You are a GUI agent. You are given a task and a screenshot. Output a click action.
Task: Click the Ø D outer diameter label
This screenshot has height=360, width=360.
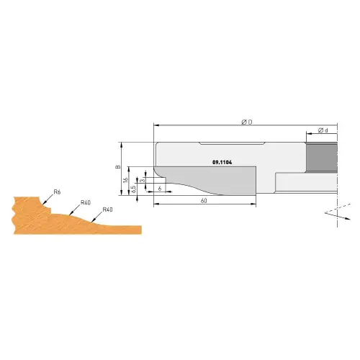pos(245,122)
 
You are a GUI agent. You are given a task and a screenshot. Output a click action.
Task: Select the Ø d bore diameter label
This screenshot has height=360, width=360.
pos(324,130)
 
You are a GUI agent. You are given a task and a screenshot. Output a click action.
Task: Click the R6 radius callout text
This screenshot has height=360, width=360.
pos(57,193)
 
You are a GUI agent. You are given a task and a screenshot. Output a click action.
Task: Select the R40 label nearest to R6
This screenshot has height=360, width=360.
pos(85,202)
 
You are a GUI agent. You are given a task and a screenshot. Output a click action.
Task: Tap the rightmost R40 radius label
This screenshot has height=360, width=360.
pos(107,210)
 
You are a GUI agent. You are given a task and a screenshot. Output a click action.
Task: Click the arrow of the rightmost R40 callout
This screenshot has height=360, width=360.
pos(94,218)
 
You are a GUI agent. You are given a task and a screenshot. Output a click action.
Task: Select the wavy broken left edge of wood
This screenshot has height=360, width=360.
pos(14,212)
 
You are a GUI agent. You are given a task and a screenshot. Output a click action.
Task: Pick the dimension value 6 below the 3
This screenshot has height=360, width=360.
pos(158,188)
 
